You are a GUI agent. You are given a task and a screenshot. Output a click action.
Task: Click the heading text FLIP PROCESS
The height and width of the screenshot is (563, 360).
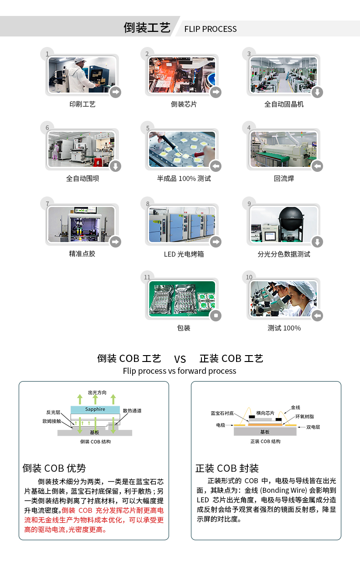210,29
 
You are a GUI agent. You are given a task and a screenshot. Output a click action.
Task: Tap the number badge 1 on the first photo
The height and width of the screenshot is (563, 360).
46,54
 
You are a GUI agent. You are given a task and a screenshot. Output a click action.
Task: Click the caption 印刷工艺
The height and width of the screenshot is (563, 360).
82,104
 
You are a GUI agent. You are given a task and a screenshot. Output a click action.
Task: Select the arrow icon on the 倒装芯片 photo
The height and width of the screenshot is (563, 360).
216,92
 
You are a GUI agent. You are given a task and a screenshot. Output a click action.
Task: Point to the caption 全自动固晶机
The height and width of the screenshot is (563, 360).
284,104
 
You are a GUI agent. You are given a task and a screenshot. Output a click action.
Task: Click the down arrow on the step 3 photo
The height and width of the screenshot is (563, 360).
317,92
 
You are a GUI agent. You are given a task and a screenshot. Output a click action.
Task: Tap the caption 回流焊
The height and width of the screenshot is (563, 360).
284,179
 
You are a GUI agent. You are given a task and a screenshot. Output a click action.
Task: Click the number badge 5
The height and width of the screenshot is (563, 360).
148,128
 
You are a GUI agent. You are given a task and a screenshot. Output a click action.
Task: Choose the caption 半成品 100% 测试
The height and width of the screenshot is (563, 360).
184,179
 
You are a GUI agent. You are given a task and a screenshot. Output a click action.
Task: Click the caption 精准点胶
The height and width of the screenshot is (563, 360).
82,254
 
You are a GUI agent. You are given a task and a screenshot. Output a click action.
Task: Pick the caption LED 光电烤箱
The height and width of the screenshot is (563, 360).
184,254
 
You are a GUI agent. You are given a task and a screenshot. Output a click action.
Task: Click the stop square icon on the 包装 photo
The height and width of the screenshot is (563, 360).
216,315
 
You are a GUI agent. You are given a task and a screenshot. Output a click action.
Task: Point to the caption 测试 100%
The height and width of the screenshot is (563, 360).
284,328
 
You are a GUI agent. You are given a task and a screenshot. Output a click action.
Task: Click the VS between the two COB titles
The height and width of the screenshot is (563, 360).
180,359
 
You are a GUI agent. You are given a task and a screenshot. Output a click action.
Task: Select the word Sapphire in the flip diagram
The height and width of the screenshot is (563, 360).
95,409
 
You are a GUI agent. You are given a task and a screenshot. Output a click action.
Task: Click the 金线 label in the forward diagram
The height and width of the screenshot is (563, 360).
295,408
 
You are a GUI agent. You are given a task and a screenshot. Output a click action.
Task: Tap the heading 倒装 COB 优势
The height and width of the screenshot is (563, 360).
54,468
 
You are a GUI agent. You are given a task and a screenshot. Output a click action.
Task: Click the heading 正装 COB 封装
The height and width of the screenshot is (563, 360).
227,468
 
